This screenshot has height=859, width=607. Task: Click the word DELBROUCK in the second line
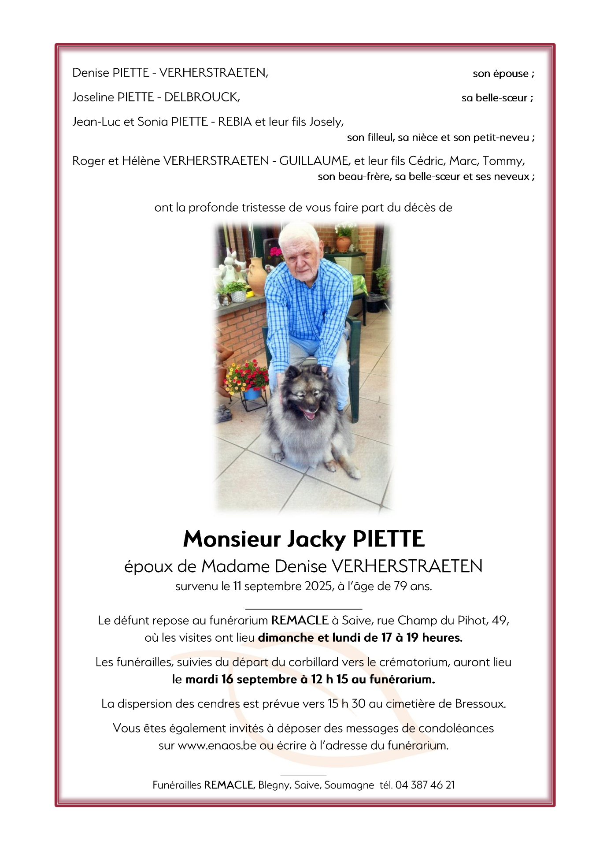(201, 97)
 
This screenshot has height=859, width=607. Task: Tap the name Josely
(326, 122)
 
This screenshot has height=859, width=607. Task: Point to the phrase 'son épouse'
(500, 74)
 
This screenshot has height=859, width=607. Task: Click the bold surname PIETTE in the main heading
(389, 539)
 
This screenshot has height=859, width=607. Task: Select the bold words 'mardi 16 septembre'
(241, 679)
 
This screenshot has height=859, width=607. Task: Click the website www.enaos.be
(217, 746)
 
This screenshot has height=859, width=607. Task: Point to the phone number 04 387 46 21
(425, 785)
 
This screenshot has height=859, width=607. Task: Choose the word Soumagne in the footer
(349, 785)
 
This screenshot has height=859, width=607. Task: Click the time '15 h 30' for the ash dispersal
(346, 704)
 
